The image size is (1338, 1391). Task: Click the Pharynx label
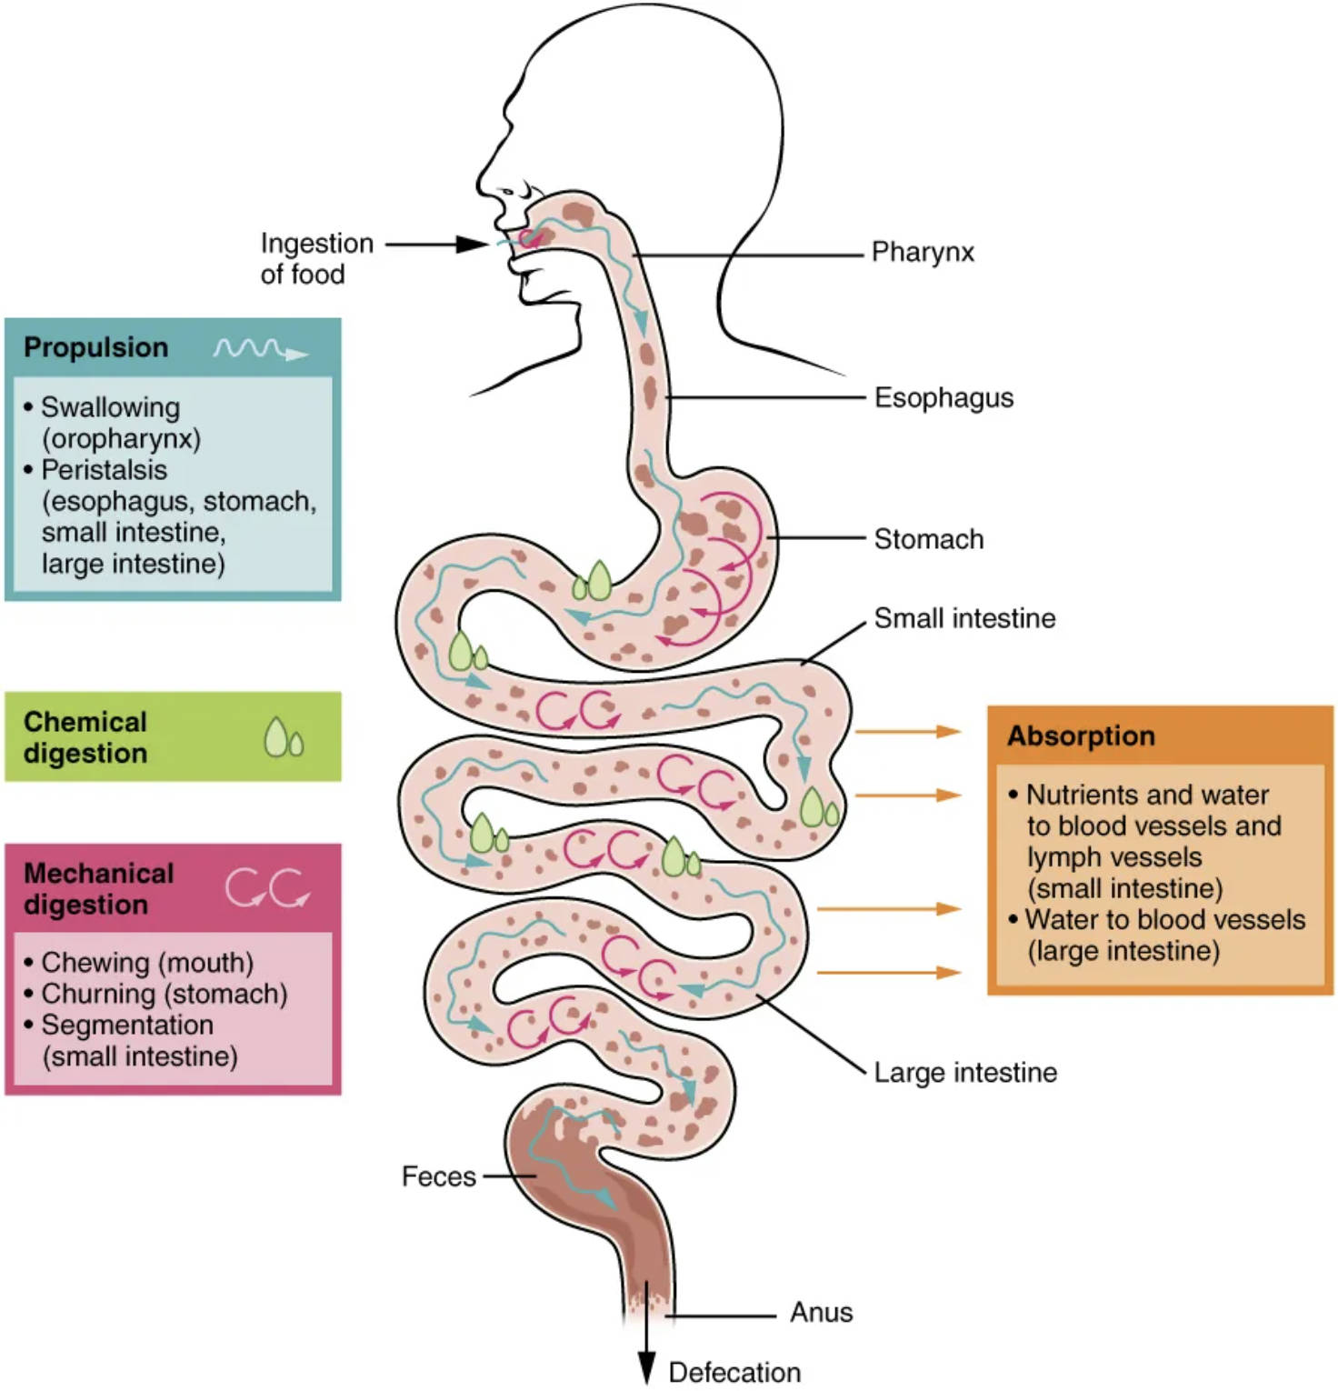(x=922, y=252)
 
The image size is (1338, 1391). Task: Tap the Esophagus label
(x=944, y=397)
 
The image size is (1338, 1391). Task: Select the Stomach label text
(x=928, y=539)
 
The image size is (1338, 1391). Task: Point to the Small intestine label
(x=964, y=618)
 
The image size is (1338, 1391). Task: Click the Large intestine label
(x=965, y=1072)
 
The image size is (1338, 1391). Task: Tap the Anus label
(x=821, y=1312)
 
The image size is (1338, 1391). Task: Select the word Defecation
(x=734, y=1372)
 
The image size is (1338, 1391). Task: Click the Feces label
(x=438, y=1176)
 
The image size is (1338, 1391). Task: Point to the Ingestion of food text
(x=315, y=258)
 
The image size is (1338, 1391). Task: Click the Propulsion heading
(x=95, y=347)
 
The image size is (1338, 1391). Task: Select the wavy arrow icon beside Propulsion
(x=260, y=350)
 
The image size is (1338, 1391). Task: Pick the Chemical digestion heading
(x=85, y=737)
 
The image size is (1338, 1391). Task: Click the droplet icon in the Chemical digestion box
(x=283, y=737)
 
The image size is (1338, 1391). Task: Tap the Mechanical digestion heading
(x=98, y=888)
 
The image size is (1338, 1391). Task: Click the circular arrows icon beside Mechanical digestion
(x=267, y=887)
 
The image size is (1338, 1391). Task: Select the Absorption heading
(x=1081, y=736)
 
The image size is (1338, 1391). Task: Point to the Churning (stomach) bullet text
(x=164, y=994)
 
